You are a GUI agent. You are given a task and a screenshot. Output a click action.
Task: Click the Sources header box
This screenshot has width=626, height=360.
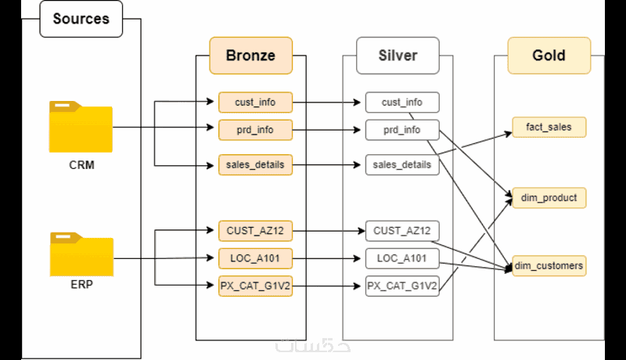(81, 20)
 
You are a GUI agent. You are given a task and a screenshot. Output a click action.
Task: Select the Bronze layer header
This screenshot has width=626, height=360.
(250, 56)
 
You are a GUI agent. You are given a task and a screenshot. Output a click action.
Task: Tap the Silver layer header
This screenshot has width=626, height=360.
(398, 56)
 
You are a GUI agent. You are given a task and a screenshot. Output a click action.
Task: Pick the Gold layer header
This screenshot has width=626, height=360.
(549, 56)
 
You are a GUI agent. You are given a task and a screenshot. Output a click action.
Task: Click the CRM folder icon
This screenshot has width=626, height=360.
(81, 127)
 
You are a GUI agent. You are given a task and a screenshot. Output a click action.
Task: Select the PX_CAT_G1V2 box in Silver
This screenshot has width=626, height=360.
(402, 286)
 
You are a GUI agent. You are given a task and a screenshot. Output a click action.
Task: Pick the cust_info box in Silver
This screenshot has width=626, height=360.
(402, 102)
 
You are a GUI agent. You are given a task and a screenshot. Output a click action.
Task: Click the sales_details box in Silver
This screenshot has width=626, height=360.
(402, 165)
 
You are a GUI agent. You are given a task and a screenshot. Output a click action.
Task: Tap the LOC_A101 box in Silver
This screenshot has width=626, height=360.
(402, 257)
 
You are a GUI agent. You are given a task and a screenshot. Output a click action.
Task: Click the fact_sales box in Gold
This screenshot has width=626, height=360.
(549, 127)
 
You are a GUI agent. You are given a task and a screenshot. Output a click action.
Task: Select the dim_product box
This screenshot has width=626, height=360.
(549, 198)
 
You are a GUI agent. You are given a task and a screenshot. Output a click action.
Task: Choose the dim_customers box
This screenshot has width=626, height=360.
(549, 266)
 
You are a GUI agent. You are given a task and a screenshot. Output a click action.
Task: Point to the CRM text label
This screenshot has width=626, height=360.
(81, 166)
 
